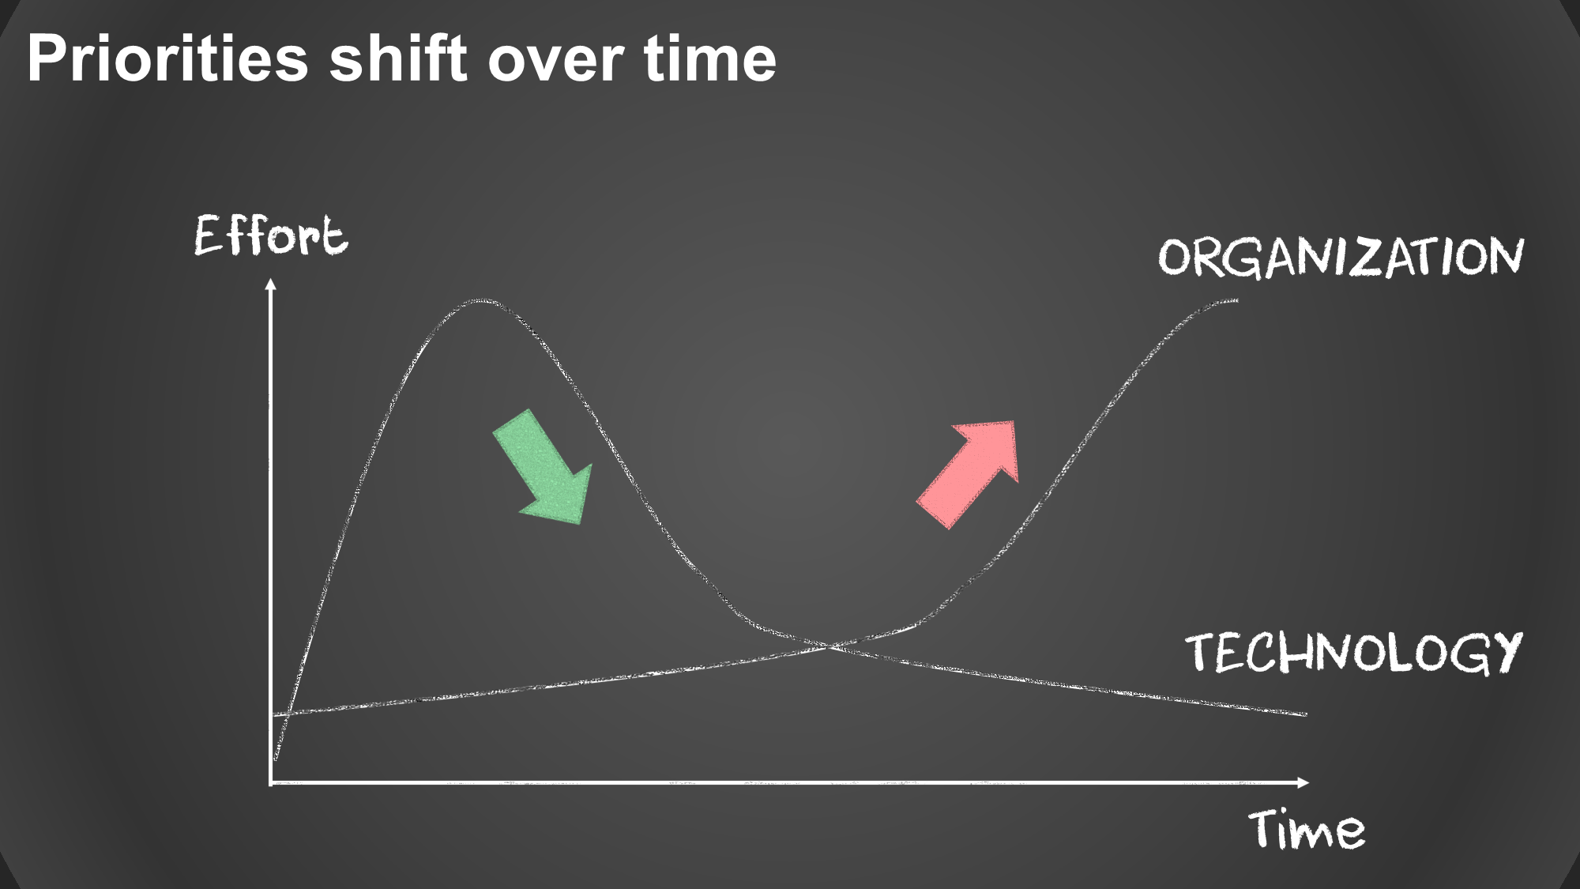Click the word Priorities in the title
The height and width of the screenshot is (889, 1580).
coord(167,59)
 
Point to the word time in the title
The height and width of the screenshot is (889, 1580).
coord(710,58)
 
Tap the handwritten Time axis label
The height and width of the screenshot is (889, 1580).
coord(1307,829)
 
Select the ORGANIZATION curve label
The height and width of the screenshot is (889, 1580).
coord(1341,257)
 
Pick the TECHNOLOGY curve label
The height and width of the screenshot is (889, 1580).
coord(1353,653)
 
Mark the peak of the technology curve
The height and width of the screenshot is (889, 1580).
coord(479,300)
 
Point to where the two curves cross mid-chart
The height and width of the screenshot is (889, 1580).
coord(829,646)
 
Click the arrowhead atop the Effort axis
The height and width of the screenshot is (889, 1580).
coord(271,284)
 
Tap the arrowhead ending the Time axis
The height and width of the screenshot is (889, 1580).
coord(1303,782)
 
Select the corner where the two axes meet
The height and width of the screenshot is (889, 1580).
coord(271,782)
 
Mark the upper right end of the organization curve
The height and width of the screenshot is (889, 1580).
coord(1236,300)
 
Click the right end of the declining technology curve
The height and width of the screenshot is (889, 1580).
coord(1306,714)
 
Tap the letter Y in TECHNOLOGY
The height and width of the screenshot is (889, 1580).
coord(1505,654)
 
